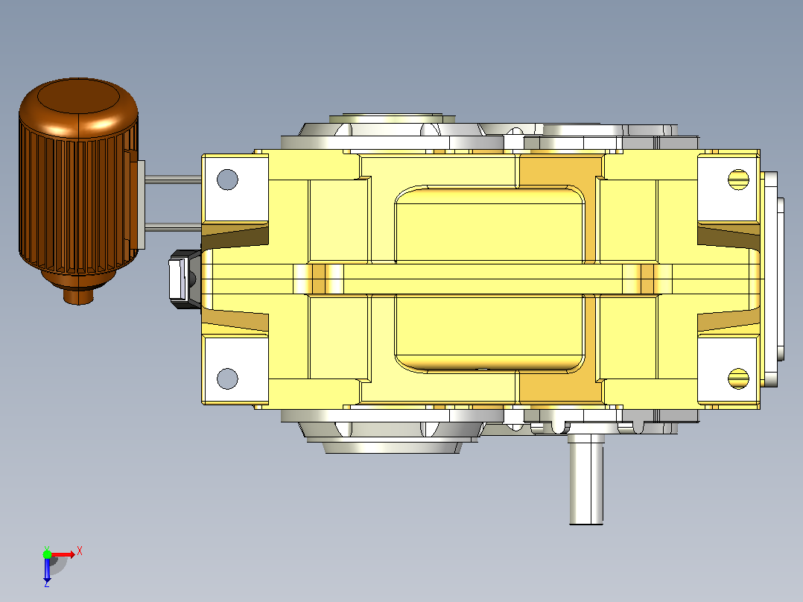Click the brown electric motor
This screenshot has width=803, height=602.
[78, 185]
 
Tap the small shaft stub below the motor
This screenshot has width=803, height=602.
[78, 296]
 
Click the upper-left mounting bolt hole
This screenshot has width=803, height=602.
[227, 180]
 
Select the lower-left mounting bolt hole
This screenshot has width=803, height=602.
[227, 378]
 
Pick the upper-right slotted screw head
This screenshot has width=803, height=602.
[738, 180]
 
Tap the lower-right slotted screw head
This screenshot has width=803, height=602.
[738, 378]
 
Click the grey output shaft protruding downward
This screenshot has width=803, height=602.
[585, 479]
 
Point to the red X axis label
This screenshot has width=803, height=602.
[80, 551]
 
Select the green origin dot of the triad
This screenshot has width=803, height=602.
[47, 554]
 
